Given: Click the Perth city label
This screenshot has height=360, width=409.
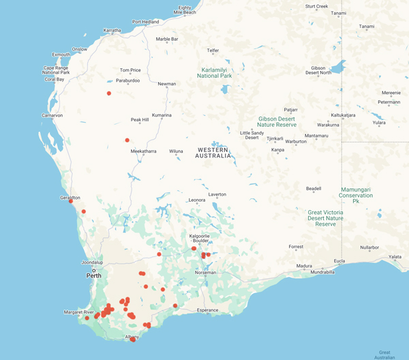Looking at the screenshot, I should click(93, 277).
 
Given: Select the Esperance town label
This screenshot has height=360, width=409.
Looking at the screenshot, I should click(207, 310).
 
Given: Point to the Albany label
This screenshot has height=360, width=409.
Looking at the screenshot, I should click(132, 337).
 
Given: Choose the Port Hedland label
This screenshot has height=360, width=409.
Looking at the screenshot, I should click(145, 22).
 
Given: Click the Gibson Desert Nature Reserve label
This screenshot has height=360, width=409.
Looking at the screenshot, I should click(277, 121).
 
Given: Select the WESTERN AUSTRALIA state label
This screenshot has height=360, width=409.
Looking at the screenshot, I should click(213, 153).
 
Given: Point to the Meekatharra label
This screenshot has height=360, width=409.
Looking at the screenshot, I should click(144, 151).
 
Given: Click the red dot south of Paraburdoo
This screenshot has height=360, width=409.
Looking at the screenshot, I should click(109, 93).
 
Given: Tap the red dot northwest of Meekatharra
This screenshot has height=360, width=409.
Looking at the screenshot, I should click(127, 140).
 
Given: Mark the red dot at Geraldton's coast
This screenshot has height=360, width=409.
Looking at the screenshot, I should click(71, 201).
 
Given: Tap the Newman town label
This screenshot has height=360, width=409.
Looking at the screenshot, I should click(167, 84).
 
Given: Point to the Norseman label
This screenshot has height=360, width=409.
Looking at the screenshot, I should click(205, 272).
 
